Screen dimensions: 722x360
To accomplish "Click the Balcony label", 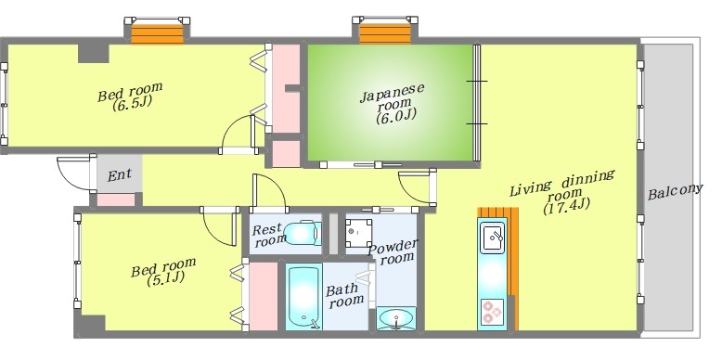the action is pyautogui.click(x=675, y=191).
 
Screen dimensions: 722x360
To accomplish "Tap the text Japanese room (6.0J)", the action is pyautogui.click(x=393, y=103).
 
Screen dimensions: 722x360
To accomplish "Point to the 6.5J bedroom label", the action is pyautogui.click(x=130, y=96).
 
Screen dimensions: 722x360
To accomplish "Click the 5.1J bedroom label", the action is pyautogui.click(x=163, y=272).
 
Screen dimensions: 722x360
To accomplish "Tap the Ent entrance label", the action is pyautogui.click(x=120, y=175).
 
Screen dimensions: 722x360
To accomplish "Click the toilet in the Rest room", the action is pyautogui.click(x=302, y=234).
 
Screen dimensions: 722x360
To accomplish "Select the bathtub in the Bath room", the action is pyautogui.click(x=303, y=298).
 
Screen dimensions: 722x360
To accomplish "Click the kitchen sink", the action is pyautogui.click(x=493, y=238).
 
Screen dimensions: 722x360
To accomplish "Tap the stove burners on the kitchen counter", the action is pyautogui.click(x=491, y=313).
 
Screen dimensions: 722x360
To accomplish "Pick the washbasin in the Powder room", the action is pyautogui.click(x=396, y=318).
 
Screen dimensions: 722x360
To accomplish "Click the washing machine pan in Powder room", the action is pyautogui.click(x=359, y=233).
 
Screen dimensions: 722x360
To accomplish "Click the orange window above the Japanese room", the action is pyautogui.click(x=385, y=33).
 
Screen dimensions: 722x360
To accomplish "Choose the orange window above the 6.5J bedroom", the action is pyautogui.click(x=158, y=33).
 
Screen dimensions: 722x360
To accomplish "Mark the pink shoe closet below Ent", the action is pyautogui.click(x=116, y=199).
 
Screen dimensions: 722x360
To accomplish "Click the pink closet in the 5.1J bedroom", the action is pyautogui.click(x=263, y=296).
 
